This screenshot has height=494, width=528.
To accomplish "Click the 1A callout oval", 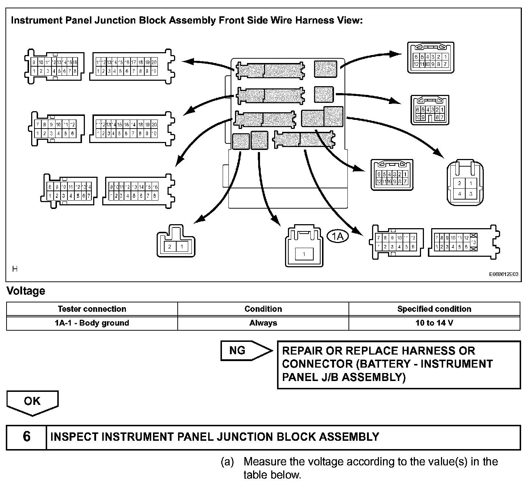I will click(x=338, y=236).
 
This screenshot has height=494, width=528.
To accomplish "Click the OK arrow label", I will click(x=32, y=401).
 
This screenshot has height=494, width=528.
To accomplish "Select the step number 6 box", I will click(x=26, y=437).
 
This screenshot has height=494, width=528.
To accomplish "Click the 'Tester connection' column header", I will click(x=92, y=309).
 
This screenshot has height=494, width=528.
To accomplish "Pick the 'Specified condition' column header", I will click(x=434, y=309).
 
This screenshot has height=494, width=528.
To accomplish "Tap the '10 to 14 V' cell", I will click(x=434, y=323).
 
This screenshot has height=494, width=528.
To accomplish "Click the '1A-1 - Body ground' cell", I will click(x=92, y=323).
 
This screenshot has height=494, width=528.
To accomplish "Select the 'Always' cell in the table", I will click(x=263, y=323).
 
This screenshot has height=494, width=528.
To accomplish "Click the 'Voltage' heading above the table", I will click(x=26, y=291).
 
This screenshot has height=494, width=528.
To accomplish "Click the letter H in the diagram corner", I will click(x=15, y=269).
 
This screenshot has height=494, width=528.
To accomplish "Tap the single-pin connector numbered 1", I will click(x=304, y=247).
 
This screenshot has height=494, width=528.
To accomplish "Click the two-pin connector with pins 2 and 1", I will click(x=176, y=242).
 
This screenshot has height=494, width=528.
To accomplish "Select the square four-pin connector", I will click(x=465, y=183).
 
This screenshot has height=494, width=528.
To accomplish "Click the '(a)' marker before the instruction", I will click(x=227, y=462).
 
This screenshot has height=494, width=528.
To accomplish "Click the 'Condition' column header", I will click(x=263, y=309).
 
